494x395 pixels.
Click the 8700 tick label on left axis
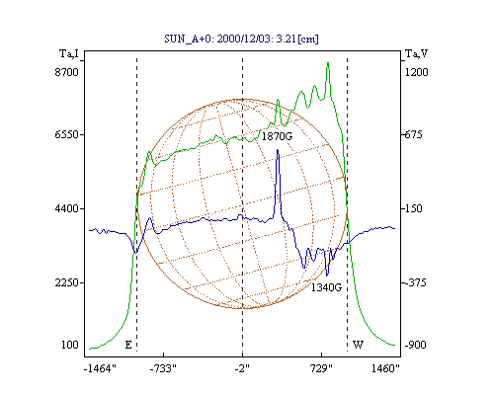(x=67, y=72)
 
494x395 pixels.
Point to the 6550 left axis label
(x=67, y=134)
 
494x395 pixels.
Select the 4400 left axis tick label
(x=67, y=208)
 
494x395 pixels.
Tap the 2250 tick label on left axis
(x=67, y=282)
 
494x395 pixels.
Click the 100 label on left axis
(x=70, y=345)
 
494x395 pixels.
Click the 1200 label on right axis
(x=416, y=72)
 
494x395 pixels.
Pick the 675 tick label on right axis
(x=413, y=134)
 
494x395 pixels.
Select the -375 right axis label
(x=415, y=282)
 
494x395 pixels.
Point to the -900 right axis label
(x=415, y=345)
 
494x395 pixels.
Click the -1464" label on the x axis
(x=100, y=368)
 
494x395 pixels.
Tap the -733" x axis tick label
(x=163, y=368)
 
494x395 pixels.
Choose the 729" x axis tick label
(x=321, y=368)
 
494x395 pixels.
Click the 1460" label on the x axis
(x=385, y=368)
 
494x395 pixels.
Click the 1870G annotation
(x=277, y=136)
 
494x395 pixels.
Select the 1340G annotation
(x=326, y=287)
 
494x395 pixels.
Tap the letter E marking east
(x=128, y=345)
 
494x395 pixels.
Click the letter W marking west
(x=358, y=345)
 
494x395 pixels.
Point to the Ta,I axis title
(x=69, y=53)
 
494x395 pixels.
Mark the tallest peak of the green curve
(x=328, y=62)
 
